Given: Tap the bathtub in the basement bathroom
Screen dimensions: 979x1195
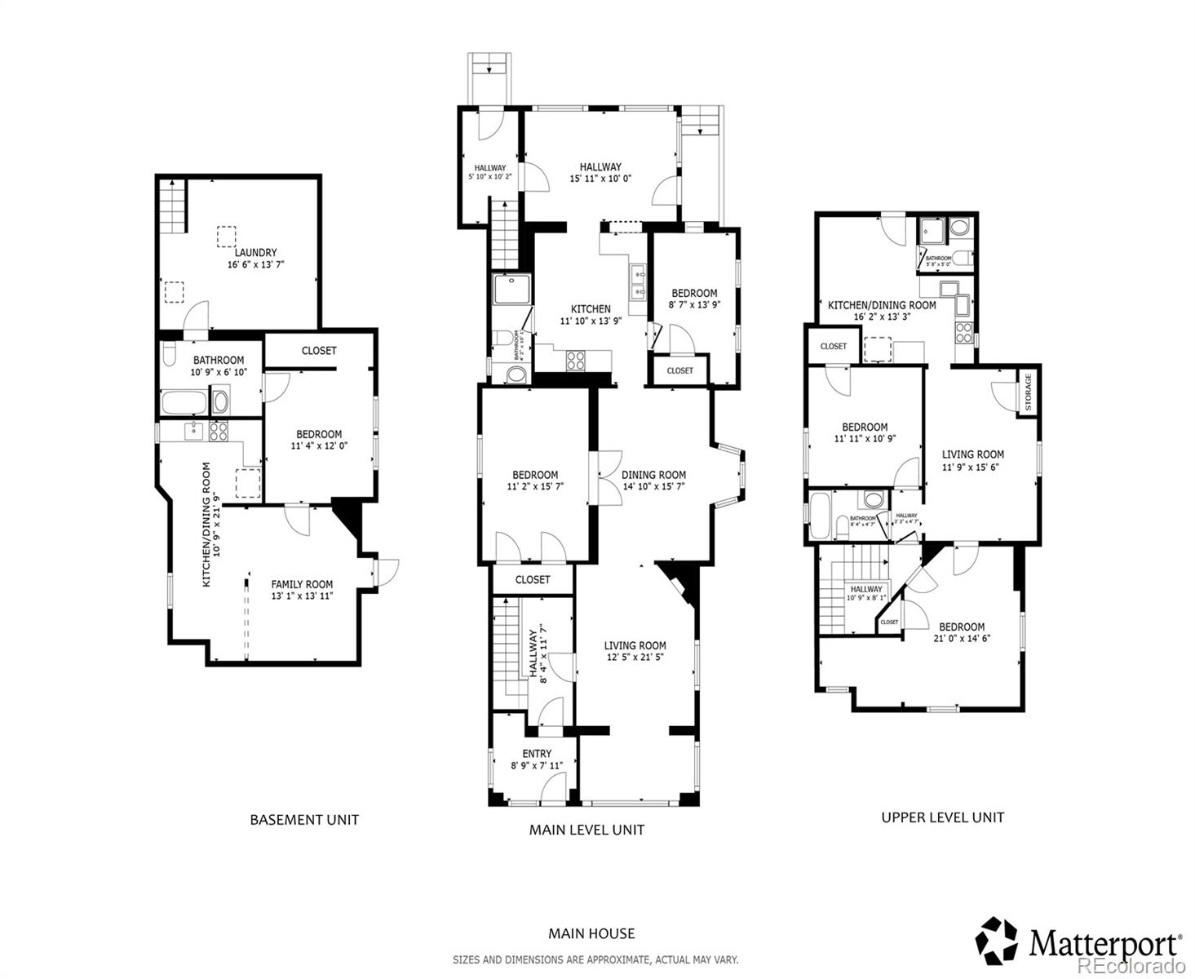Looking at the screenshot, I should [x=184, y=403].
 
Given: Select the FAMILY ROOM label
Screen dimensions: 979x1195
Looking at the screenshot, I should [x=302, y=584].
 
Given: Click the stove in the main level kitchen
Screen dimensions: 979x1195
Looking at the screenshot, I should [x=576, y=360].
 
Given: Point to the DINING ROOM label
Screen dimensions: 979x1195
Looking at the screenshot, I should [x=653, y=475].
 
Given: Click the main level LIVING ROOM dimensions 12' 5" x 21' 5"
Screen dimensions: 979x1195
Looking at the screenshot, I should [x=635, y=657].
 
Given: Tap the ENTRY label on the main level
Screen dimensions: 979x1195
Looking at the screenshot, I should [x=537, y=753].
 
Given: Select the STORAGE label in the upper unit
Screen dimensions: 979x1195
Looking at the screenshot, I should [x=1028, y=392].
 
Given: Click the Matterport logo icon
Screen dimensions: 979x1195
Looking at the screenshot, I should [x=997, y=940].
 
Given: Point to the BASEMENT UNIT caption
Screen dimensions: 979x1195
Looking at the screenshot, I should [x=304, y=820].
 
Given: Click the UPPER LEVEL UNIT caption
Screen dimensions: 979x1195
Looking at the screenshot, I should [x=942, y=817].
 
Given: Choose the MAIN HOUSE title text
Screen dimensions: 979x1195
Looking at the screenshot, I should [x=591, y=933].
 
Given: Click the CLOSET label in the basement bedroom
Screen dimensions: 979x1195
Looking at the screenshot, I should [x=319, y=351].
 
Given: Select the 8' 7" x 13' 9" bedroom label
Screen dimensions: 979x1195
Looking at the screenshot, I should [x=694, y=305].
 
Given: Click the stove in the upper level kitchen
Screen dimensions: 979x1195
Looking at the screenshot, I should [x=963, y=332].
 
